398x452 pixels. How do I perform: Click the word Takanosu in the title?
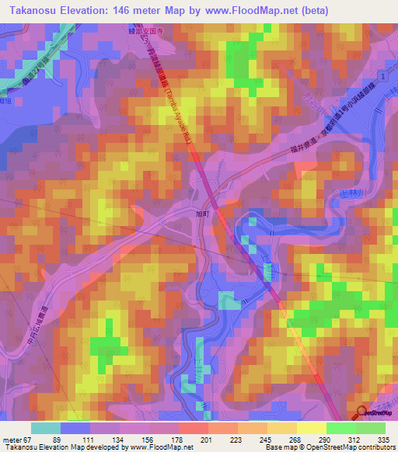(x=33, y=10)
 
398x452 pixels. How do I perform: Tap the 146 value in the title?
(x=134, y=10)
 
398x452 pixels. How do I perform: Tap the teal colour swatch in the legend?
(x=46, y=428)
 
